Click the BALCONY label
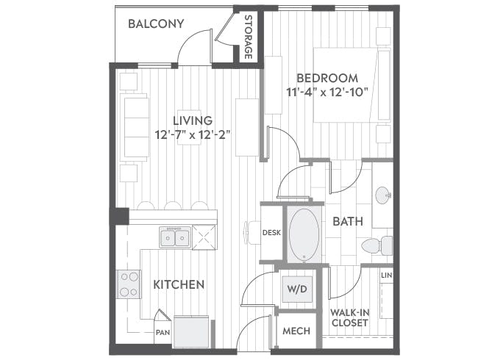(x=155, y=24)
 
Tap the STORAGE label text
(x=249, y=37)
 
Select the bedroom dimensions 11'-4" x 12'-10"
(x=327, y=93)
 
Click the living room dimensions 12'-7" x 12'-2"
(x=193, y=134)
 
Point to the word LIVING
(x=193, y=120)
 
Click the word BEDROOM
(x=327, y=78)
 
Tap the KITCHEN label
(x=179, y=284)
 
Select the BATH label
(x=347, y=221)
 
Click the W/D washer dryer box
(x=296, y=289)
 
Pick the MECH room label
(x=296, y=331)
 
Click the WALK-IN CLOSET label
(x=350, y=317)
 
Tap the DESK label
(x=272, y=233)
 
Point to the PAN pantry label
(x=163, y=331)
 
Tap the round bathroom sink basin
(x=382, y=196)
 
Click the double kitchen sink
(x=175, y=237)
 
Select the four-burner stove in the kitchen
(x=129, y=284)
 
